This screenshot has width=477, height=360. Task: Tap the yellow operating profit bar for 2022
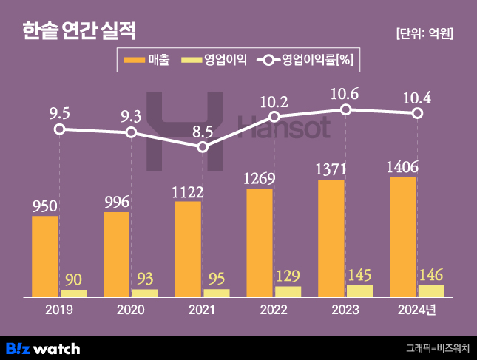click(x=288, y=291)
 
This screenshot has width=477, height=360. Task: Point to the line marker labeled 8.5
click(x=203, y=147)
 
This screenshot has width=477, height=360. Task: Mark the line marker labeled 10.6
click(x=346, y=109)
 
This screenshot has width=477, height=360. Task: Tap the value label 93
click(x=145, y=279)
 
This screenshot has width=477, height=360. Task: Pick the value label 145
click(x=360, y=275)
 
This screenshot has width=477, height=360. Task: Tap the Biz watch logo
click(x=43, y=348)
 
